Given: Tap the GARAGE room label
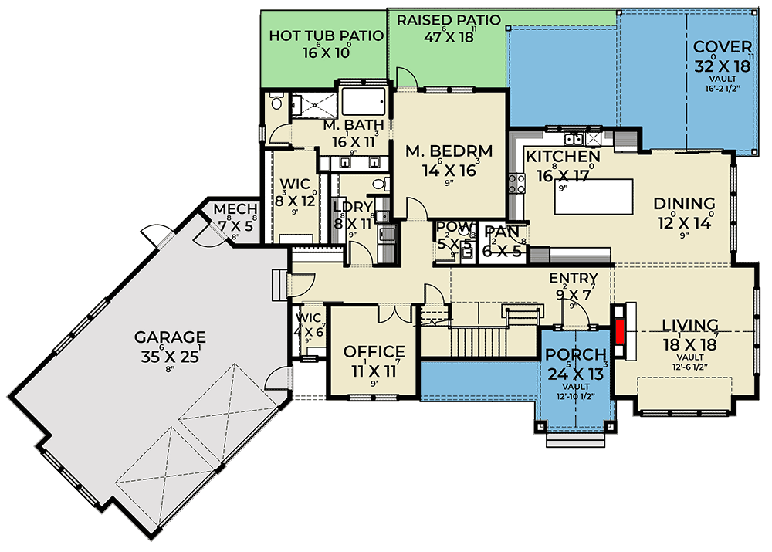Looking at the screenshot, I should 170,337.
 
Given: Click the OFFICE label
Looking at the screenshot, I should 374,352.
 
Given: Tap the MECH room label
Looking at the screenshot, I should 230,210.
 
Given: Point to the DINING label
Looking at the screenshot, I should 684,204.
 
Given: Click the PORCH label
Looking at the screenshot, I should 574,354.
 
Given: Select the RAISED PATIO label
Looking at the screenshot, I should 449,19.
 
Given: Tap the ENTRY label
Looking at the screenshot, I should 573,278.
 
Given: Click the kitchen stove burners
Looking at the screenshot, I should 516,185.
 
